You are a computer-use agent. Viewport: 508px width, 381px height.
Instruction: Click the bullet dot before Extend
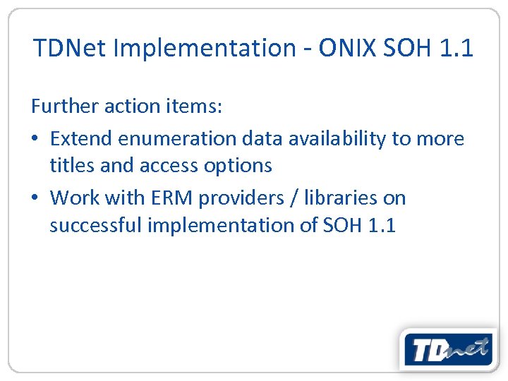[x=35, y=139]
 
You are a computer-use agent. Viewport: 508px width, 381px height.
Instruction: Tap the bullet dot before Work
[x=35, y=198]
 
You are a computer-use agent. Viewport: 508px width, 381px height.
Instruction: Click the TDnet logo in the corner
[x=449, y=349]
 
